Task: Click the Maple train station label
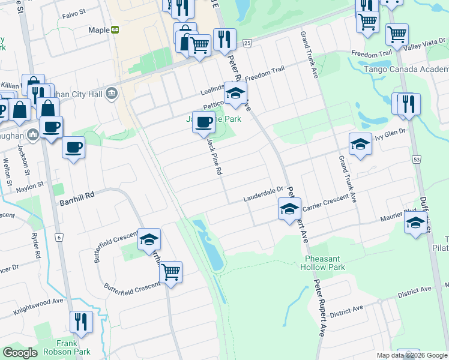point(99,30)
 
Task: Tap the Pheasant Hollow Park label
point(324,262)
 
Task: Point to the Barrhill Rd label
point(77,203)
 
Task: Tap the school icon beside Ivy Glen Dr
point(360,145)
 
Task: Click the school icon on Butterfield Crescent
point(149,240)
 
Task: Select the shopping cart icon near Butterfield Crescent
point(170,272)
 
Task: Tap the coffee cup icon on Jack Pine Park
point(204,122)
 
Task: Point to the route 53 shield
point(416,159)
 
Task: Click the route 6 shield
point(59,238)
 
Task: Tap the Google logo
point(20,353)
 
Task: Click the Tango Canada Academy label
point(406,69)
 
